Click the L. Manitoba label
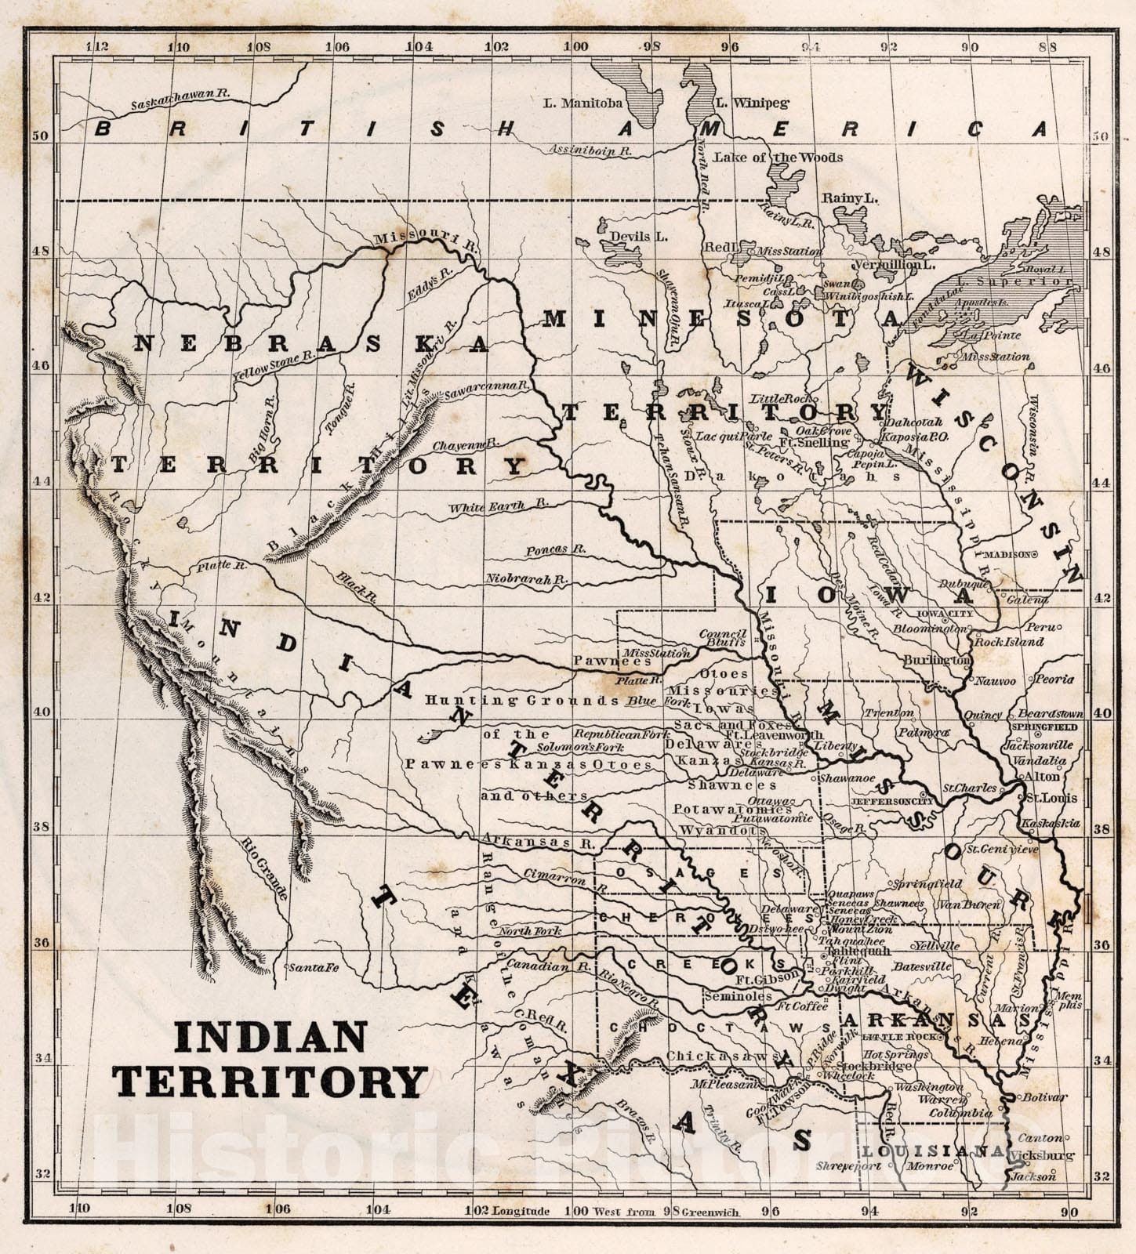click(583, 103)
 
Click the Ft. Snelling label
click(821, 443)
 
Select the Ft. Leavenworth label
click(774, 735)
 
